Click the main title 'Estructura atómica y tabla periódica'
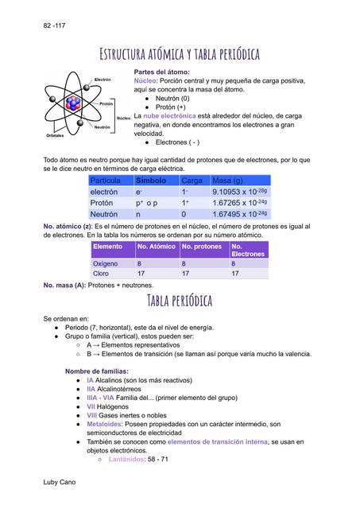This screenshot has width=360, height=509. pyautogui.click(x=180, y=54)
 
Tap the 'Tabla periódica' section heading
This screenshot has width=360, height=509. pyautogui.click(x=180, y=300)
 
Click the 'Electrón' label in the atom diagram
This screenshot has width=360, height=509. pyautogui.click(x=103, y=80)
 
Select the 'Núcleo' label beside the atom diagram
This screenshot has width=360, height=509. pyautogui.click(x=123, y=118)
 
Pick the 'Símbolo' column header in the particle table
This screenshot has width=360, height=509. pyautogui.click(x=151, y=181)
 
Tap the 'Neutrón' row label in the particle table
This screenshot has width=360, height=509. pyautogui.click(x=103, y=214)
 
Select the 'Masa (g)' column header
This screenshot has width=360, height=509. pyautogui.click(x=227, y=181)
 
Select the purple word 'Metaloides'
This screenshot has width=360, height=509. pyautogui.click(x=106, y=425)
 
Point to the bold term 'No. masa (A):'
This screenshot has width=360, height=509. pyautogui.click(x=64, y=285)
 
